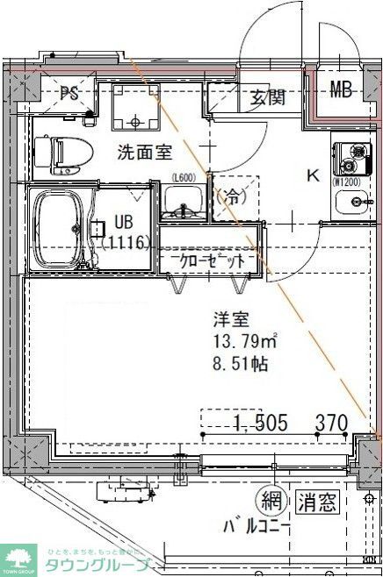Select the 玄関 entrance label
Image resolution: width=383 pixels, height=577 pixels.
tap(267, 97)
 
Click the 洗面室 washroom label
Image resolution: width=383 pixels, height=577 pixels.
tap(144, 151)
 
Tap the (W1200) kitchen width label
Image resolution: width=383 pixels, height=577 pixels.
tap(348, 182)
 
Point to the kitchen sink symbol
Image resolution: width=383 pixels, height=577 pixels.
tap(356, 203)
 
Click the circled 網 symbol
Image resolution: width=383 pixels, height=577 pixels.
tap(271, 502)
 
